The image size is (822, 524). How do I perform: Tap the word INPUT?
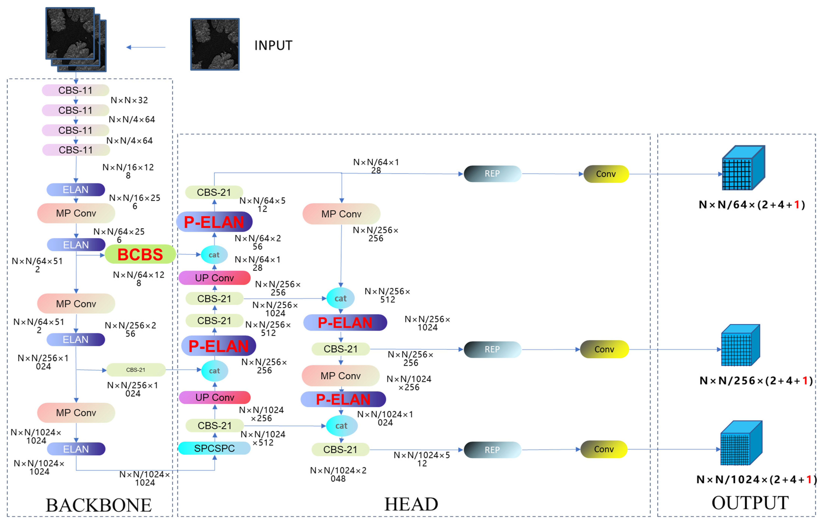point(273,45)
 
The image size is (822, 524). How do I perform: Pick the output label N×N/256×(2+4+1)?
point(756,381)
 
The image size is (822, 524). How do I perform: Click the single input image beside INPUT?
point(215,44)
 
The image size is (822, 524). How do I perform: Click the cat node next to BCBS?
point(214,255)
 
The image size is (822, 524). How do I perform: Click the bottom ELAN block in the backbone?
point(76,449)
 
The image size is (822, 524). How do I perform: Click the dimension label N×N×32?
point(129,100)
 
